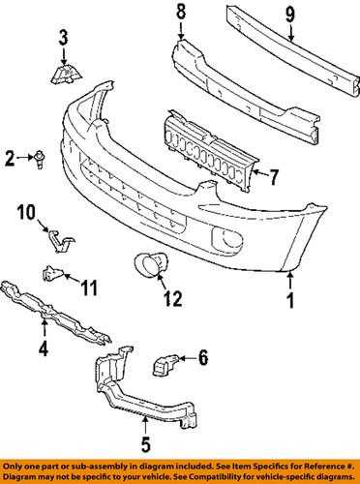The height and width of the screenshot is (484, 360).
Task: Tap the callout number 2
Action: (11, 156)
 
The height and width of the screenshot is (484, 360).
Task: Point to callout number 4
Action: (42, 346)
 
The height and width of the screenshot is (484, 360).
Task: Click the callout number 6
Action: (203, 359)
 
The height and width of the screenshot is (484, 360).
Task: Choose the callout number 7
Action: (274, 177)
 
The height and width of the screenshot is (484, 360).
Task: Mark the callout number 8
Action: (179, 13)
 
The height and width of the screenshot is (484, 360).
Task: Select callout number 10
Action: (26, 211)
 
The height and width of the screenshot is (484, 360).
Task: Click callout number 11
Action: (88, 286)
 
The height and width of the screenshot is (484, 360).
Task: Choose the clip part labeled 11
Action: (51, 275)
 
